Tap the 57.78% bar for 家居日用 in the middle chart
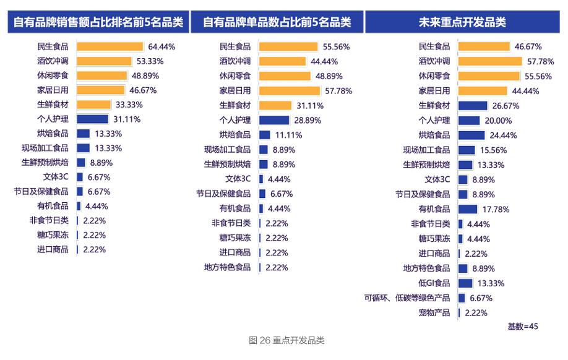click(x=289, y=91)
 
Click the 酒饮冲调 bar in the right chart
click(x=489, y=61)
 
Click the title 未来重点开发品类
click(x=462, y=22)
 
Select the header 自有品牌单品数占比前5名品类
click(x=277, y=22)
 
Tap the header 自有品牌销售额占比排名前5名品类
click(x=98, y=22)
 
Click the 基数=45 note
click(x=523, y=326)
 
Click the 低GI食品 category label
click(x=434, y=283)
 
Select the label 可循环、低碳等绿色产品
click(x=408, y=298)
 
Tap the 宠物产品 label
click(x=434, y=313)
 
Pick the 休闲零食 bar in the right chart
click(x=489, y=76)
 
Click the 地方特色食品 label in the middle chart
click(x=227, y=267)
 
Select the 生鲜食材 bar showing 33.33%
click(x=93, y=105)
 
